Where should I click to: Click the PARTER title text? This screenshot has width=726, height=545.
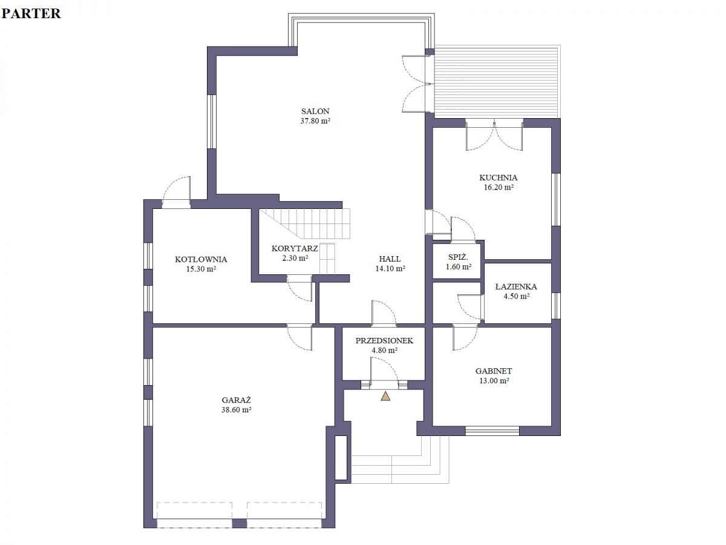tap(31, 13)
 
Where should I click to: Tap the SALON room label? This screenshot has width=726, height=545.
tap(315, 111)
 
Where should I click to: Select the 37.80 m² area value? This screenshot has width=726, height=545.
tap(315, 121)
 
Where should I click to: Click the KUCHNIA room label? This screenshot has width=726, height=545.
tap(498, 177)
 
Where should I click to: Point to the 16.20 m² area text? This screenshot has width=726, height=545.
tap(498, 187)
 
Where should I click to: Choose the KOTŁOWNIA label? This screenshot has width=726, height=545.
tap(201, 259)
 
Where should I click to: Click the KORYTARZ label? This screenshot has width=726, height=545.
tap(295, 248)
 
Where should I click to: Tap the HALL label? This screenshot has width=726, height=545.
tap(390, 259)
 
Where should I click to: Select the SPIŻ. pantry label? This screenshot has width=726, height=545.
tap(458, 257)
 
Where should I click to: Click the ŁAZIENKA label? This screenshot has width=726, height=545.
tap(516, 286)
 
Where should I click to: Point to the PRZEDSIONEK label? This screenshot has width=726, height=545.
tap(384, 340)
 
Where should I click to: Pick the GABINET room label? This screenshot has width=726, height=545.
tap(494, 371)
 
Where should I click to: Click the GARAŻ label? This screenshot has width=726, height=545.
tap(236, 400)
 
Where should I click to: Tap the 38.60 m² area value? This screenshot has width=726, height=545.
tap(236, 410)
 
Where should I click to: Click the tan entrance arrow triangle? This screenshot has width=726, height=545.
tap(385, 396)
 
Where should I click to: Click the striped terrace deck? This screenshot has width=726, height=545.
tap(497, 82)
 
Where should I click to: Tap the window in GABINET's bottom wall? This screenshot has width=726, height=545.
tap(492, 431)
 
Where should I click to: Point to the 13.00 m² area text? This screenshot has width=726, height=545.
tap(494, 380)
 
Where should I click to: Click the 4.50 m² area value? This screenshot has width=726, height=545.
tap(516, 296)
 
